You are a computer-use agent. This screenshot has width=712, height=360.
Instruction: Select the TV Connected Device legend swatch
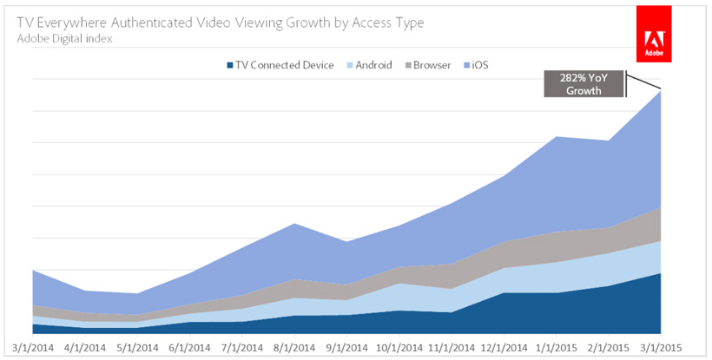pos(229,65)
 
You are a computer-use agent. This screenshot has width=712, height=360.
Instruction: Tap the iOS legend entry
pos(479,65)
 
